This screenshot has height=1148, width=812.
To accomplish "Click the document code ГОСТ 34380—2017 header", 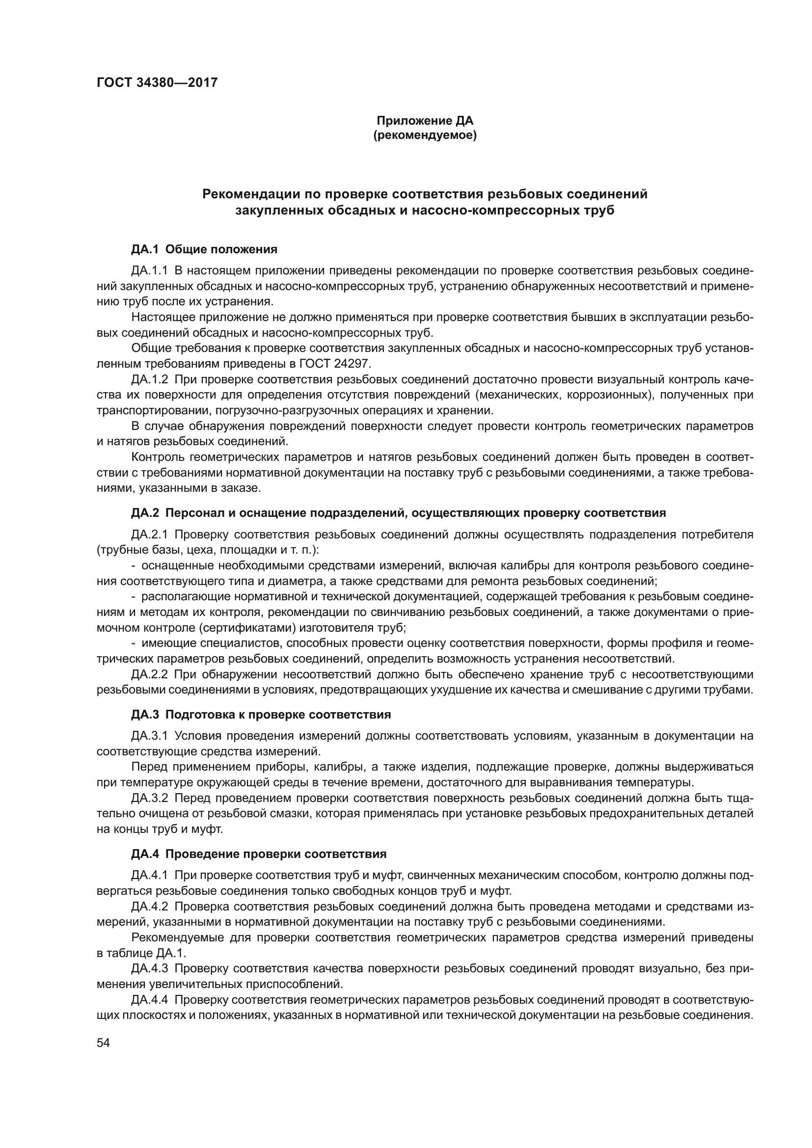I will tap(157, 82).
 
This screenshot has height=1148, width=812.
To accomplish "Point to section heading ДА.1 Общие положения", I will tap(204, 249).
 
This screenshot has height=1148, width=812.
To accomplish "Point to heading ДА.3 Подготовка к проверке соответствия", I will tap(261, 715).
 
